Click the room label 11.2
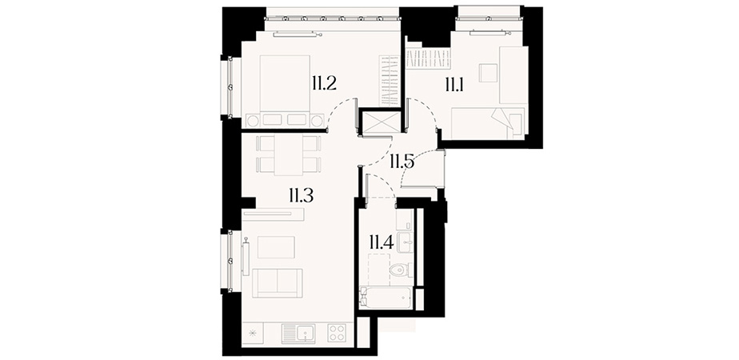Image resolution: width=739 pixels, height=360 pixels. click(x=323, y=84)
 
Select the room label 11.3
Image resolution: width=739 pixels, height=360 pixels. click(x=302, y=195)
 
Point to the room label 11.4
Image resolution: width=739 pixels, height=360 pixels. click(x=381, y=242)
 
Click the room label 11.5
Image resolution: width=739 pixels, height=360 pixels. click(x=401, y=162)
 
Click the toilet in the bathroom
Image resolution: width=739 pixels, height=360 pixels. click(x=401, y=270)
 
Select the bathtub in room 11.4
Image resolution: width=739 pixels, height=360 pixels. click(x=386, y=298)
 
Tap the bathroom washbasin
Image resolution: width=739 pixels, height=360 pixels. click(x=405, y=242)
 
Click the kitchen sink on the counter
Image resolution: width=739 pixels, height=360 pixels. click(x=298, y=334)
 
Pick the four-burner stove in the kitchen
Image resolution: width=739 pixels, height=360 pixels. click(x=337, y=333)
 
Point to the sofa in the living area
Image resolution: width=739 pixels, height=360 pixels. click(x=277, y=283)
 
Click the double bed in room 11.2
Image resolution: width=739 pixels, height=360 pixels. click(x=285, y=90)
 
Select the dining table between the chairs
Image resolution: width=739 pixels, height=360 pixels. click(x=289, y=155)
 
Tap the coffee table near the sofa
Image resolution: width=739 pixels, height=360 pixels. click(x=276, y=247)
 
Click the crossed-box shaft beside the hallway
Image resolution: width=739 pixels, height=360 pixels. click(x=380, y=122)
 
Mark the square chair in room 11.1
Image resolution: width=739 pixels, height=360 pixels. click(x=488, y=73)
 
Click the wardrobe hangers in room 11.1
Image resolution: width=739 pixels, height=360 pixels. click(x=429, y=58)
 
